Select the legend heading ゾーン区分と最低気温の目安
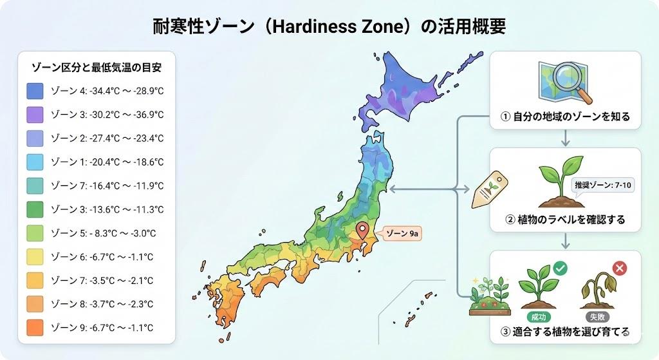(97, 66)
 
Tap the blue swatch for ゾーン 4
(35, 91)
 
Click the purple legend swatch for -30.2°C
(35, 115)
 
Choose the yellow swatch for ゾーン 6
(35, 256)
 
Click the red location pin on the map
(362, 230)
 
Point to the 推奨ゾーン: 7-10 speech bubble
(603, 184)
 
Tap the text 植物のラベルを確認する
(566, 220)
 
